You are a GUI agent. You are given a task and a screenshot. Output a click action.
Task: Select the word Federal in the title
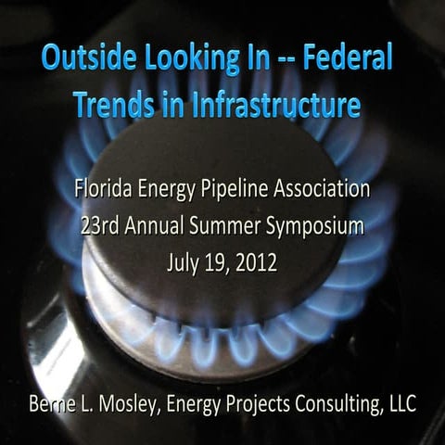(353, 62)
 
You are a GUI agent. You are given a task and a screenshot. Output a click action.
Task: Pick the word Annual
(150, 227)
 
